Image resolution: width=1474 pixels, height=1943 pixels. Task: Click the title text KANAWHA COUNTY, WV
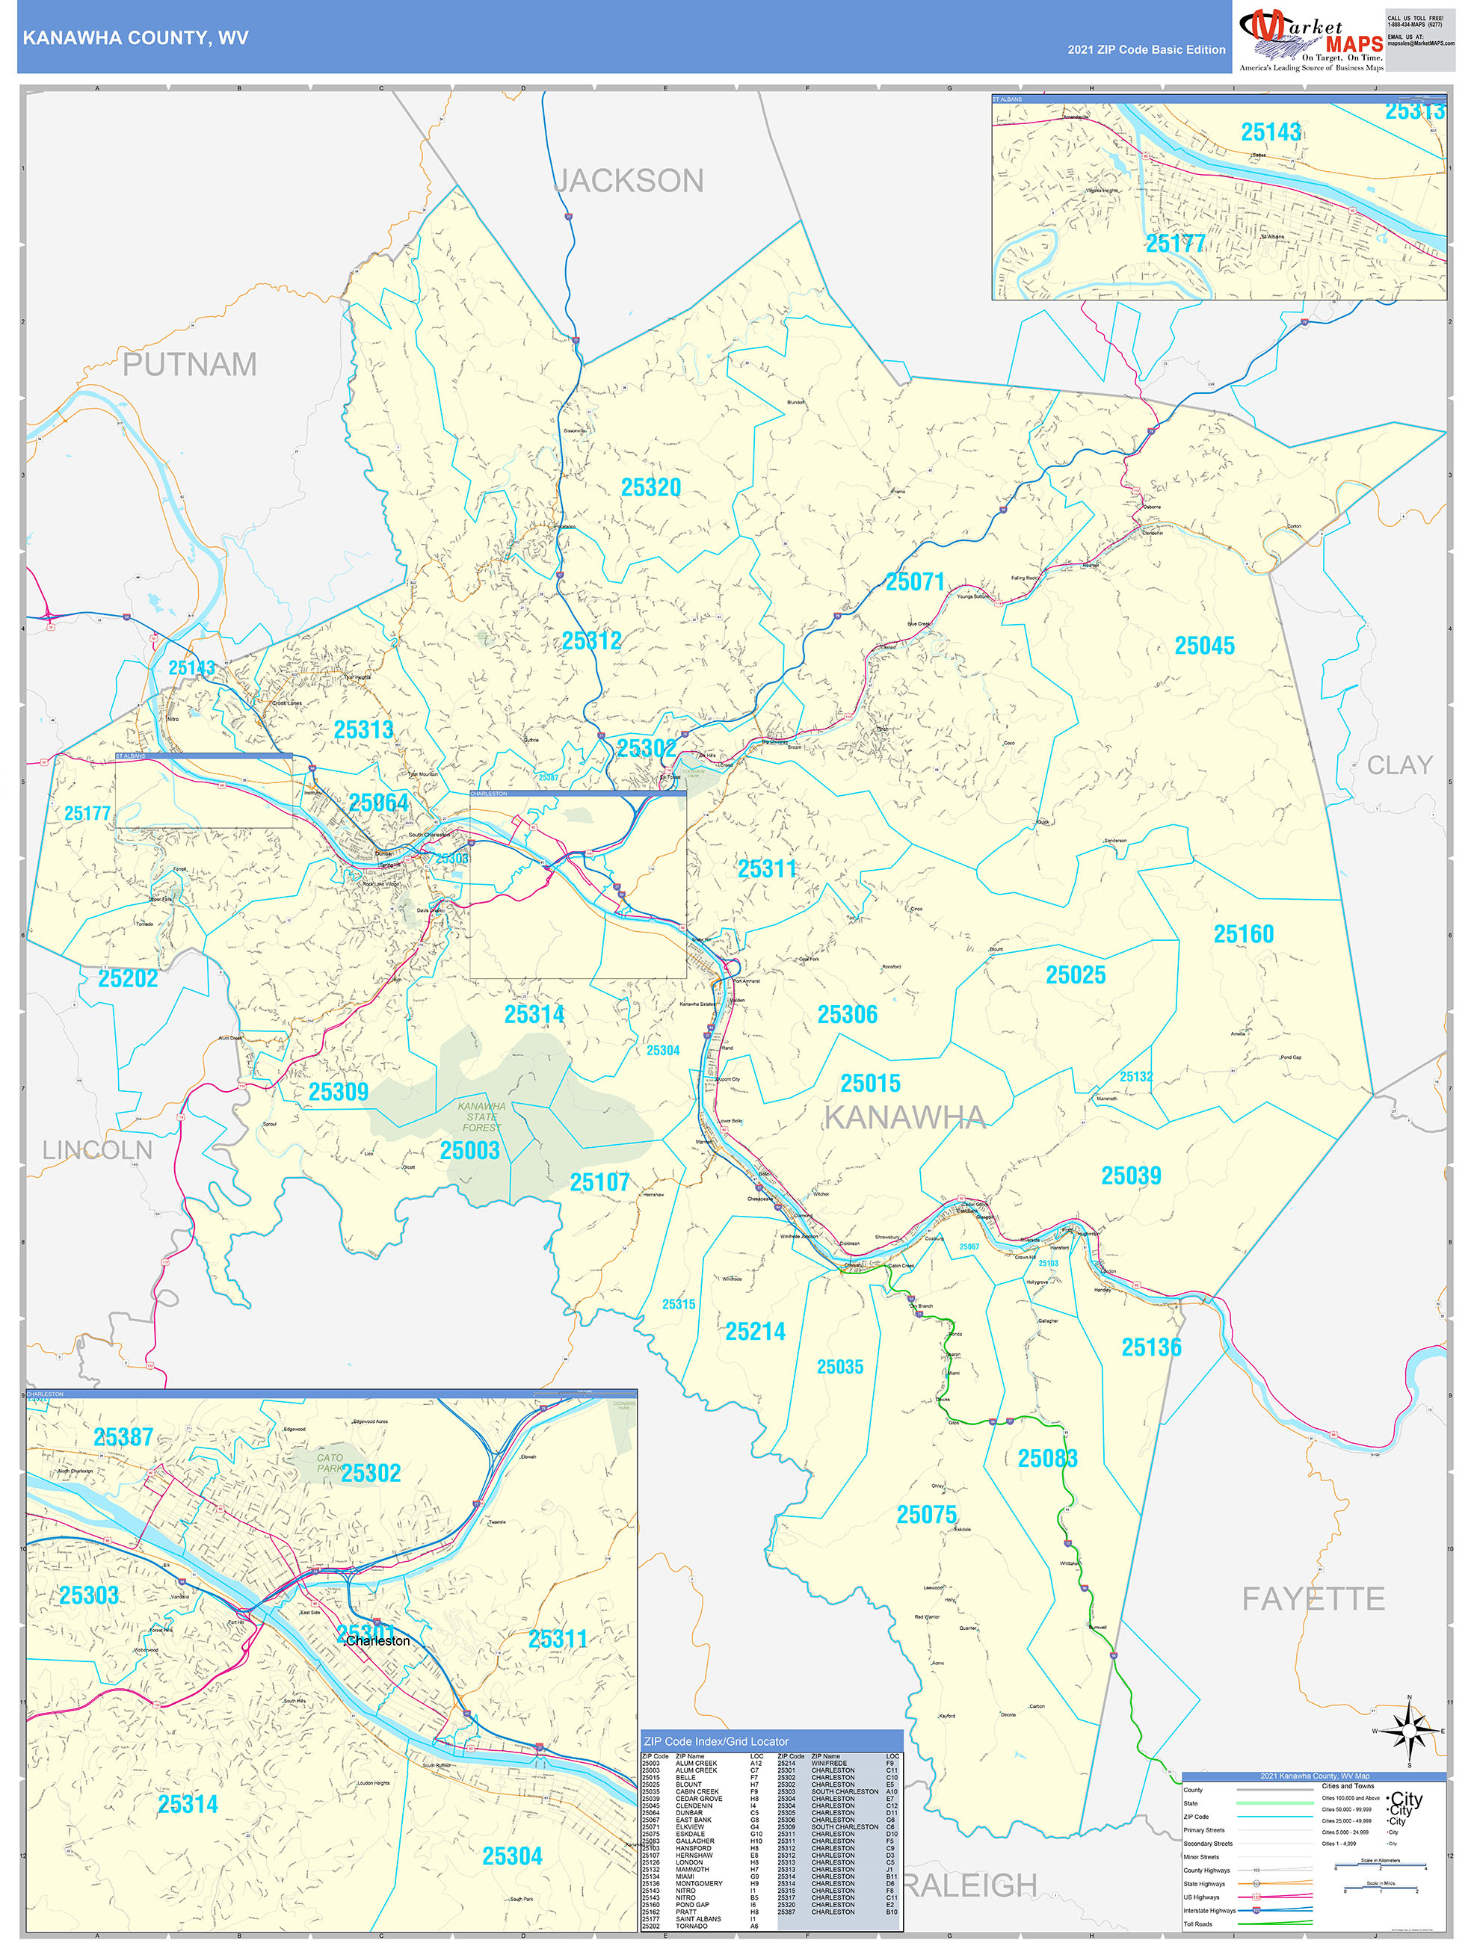(x=135, y=38)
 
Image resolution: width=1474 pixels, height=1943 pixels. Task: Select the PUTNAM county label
(x=189, y=365)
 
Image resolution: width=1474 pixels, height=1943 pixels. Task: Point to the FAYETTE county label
(x=1313, y=1598)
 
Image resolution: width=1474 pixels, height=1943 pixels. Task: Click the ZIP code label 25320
(x=651, y=487)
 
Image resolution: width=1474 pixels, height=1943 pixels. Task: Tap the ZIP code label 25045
(x=1204, y=646)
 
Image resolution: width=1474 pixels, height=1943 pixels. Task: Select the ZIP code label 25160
(x=1243, y=933)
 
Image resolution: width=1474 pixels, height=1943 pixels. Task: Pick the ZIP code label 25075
(x=926, y=1514)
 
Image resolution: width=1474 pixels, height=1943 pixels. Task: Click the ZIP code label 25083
(x=1047, y=1458)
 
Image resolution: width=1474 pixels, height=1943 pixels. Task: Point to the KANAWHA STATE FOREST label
(x=481, y=1116)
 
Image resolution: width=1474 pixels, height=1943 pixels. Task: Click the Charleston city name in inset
(x=377, y=1641)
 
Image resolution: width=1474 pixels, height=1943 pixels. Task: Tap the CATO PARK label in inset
(x=330, y=1462)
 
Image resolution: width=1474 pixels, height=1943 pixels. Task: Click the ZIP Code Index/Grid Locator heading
(x=716, y=1741)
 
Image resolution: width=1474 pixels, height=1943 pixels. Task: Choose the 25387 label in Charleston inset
(x=123, y=1437)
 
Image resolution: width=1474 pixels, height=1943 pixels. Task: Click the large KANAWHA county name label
(x=904, y=1117)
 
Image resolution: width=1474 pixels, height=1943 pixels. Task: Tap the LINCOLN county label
(x=97, y=1150)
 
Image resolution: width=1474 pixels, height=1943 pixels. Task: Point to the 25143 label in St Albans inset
(x=1270, y=132)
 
